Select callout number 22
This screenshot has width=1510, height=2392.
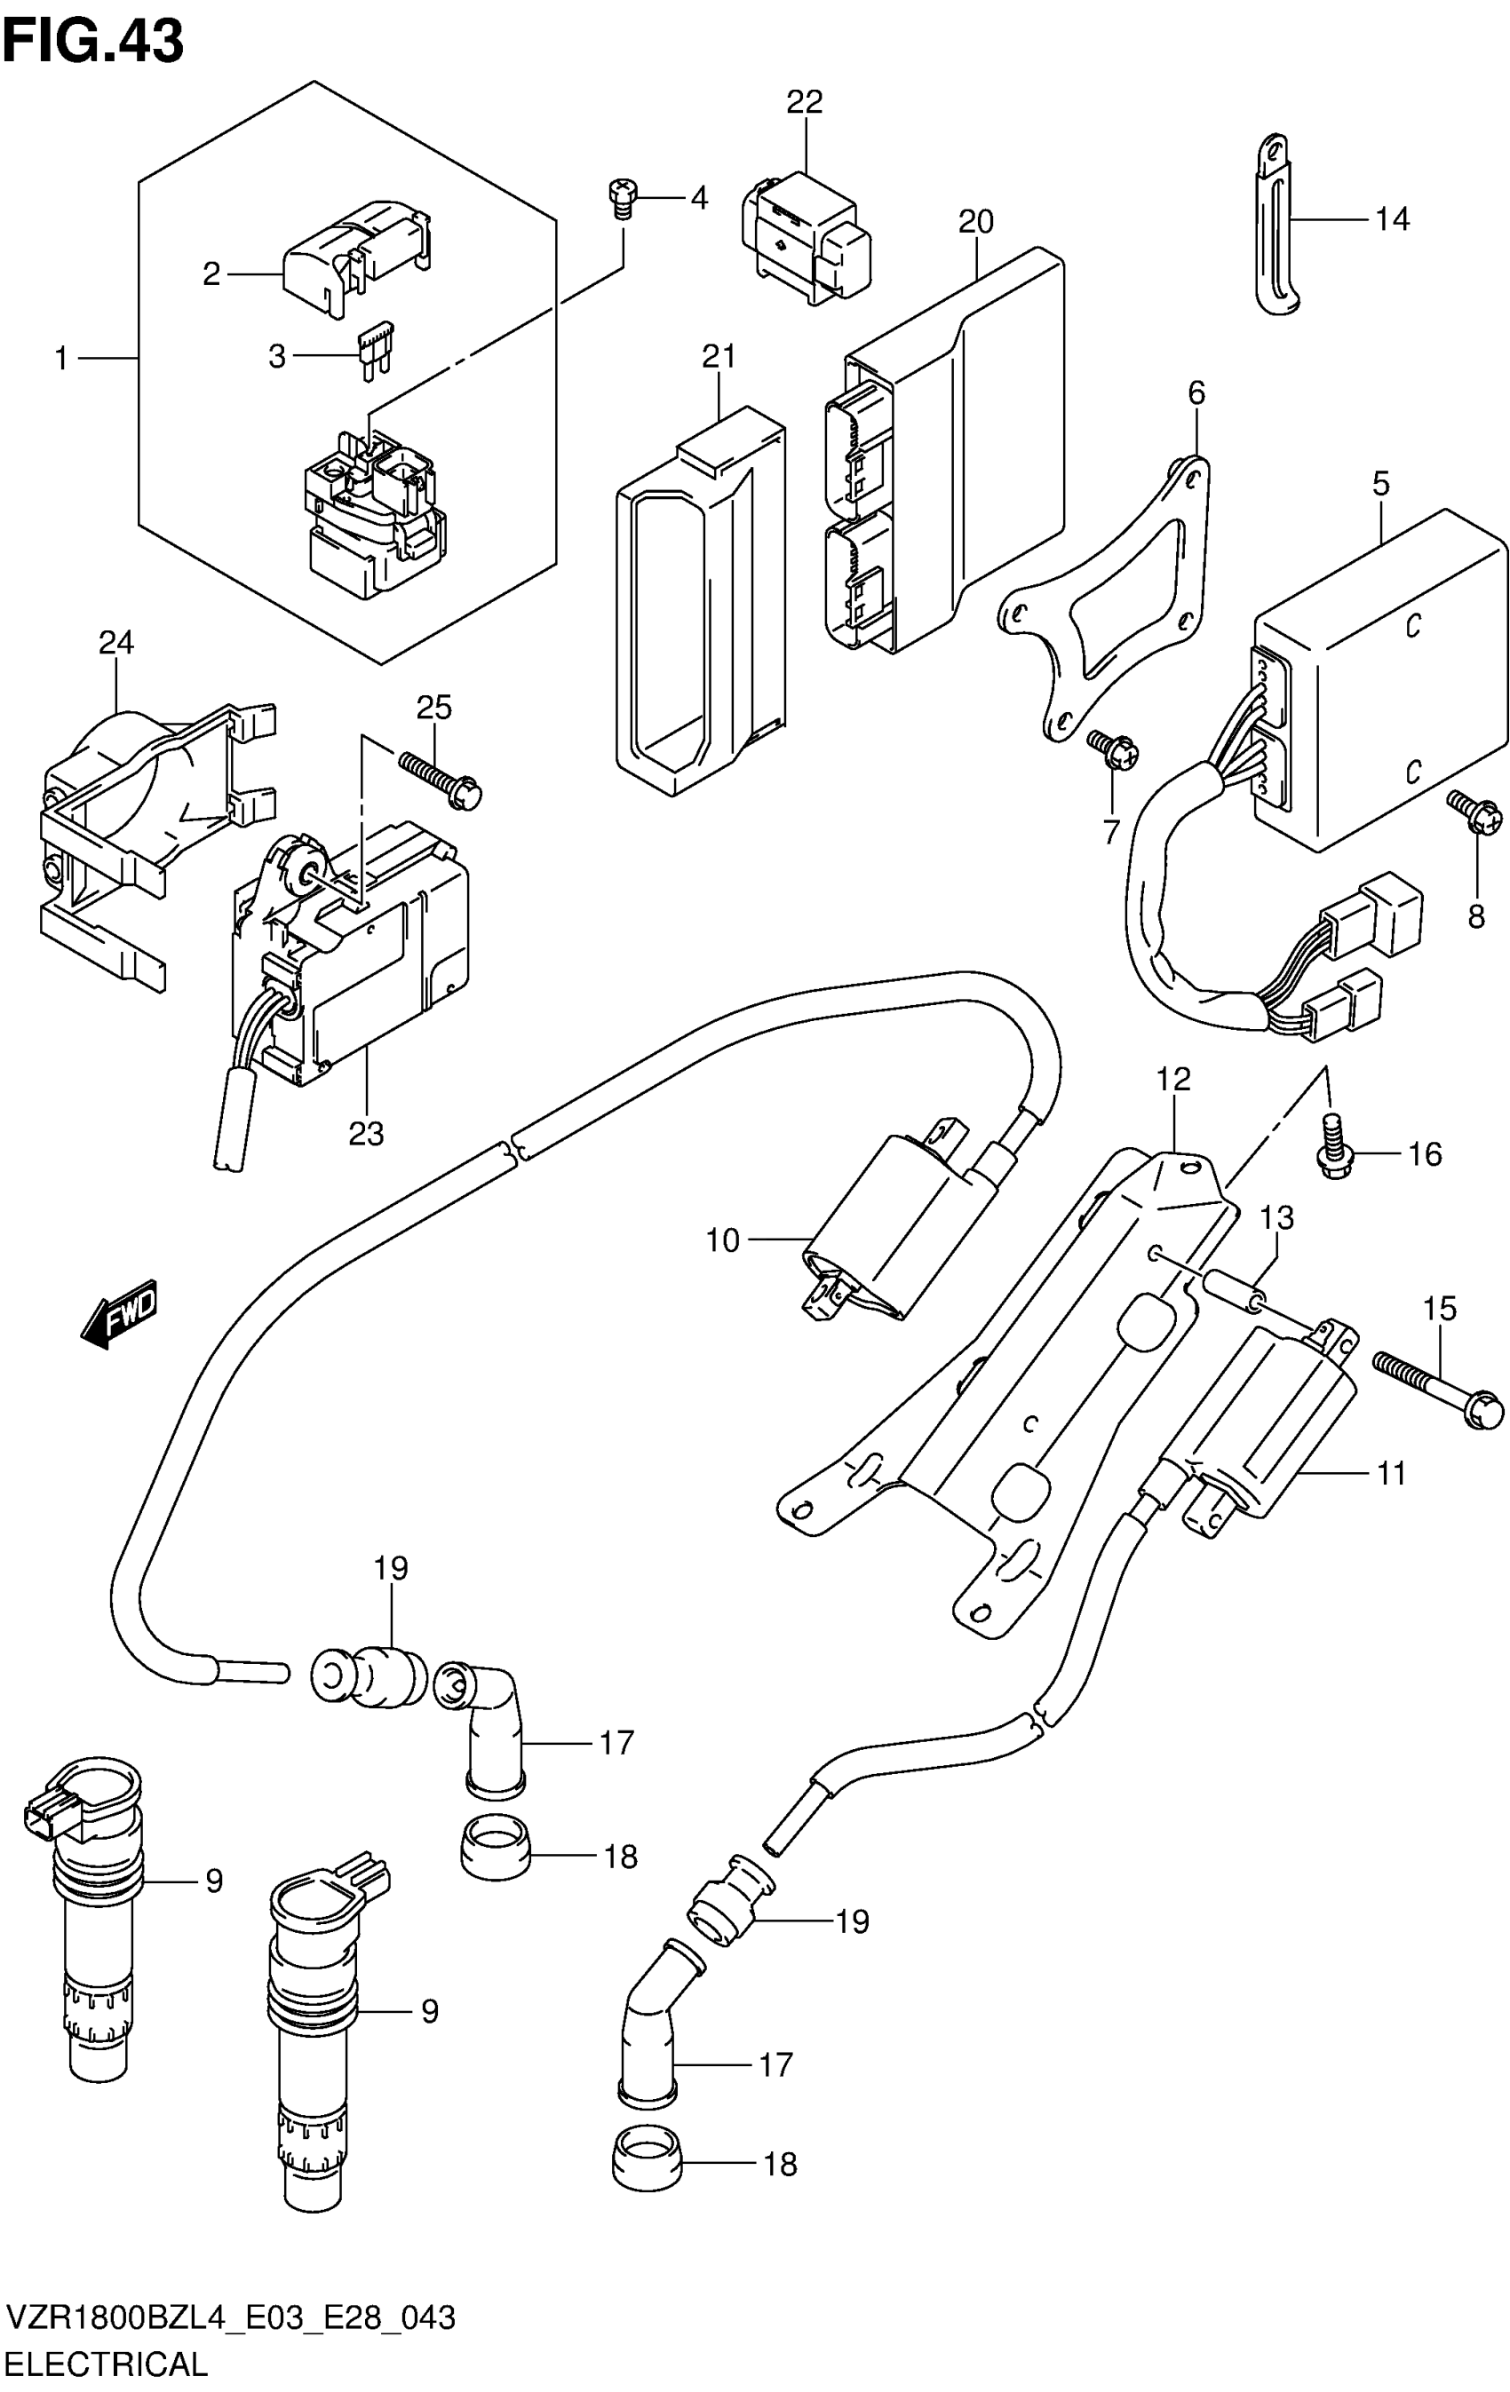(x=805, y=101)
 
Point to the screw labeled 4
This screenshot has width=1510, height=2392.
(x=623, y=198)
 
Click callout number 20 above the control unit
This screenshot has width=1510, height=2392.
(x=975, y=220)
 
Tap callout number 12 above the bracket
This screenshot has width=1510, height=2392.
(x=1172, y=1079)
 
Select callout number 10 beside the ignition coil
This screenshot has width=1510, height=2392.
(x=722, y=1240)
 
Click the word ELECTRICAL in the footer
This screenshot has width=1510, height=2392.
(x=108, y=2362)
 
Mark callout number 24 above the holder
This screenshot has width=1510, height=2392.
(x=116, y=643)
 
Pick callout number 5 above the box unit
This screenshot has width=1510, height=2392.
(x=1381, y=485)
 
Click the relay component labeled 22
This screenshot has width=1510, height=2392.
(x=804, y=237)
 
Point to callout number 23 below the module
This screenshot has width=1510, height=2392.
(x=366, y=1134)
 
